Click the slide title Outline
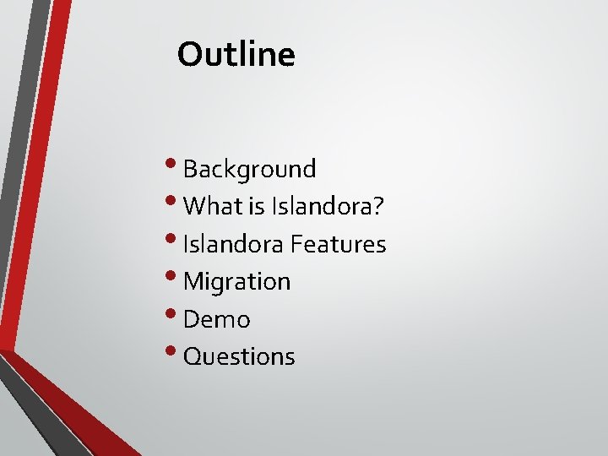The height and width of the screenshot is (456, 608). click(236, 55)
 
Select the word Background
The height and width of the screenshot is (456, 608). click(249, 169)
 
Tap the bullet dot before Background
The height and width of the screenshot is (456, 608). click(175, 164)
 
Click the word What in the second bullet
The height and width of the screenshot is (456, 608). click(207, 206)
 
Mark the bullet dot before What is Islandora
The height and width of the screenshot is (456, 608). click(175, 201)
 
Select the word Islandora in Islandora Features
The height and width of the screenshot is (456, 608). click(234, 244)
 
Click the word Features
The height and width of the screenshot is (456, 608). click(339, 244)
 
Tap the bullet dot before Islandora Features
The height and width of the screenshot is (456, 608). click(175, 239)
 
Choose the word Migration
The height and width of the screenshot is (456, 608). click(236, 281)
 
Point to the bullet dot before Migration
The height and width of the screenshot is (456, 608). click(175, 276)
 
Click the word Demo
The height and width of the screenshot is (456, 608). click(216, 319)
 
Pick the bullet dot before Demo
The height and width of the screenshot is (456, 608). click(175, 314)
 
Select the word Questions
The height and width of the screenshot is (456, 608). click(239, 356)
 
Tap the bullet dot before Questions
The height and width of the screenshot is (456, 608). click(175, 351)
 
